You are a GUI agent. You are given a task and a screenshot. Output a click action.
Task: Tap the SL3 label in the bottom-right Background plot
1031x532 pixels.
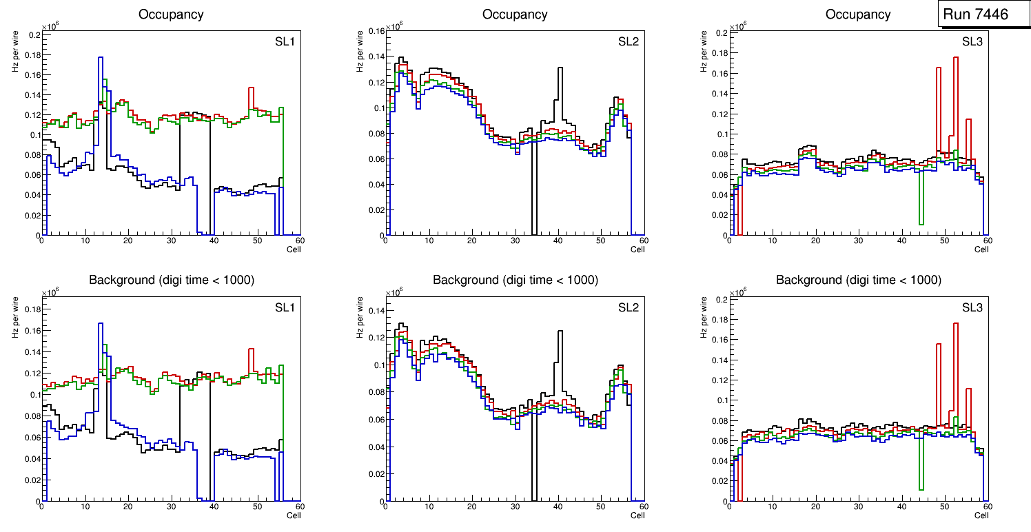coord(972,308)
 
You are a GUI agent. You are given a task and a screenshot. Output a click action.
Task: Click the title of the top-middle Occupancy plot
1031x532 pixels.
coord(515,14)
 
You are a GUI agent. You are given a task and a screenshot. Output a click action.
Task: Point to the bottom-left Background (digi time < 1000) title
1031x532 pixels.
coord(171,280)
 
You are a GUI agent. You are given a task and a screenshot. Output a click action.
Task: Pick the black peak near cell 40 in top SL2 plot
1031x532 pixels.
coord(560,68)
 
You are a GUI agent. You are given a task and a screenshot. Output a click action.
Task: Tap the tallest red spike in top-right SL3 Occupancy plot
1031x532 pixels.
coord(956,58)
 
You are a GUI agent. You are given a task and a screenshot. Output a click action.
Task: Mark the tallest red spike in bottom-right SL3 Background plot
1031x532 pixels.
coord(956,324)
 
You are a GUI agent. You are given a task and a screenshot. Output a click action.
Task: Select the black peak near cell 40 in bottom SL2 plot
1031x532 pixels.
coord(560,331)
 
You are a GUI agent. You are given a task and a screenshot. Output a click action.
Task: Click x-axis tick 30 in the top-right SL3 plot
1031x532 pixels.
coord(858,241)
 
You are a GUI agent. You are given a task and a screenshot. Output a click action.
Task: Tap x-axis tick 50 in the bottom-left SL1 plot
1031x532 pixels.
coord(256,507)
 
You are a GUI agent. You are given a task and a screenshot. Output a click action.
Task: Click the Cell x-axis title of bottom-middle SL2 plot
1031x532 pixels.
coord(637,515)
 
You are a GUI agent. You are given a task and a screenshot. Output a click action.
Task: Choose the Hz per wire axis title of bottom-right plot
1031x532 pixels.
coord(704,316)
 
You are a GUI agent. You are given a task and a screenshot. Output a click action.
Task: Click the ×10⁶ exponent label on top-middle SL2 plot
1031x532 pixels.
coord(394,26)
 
